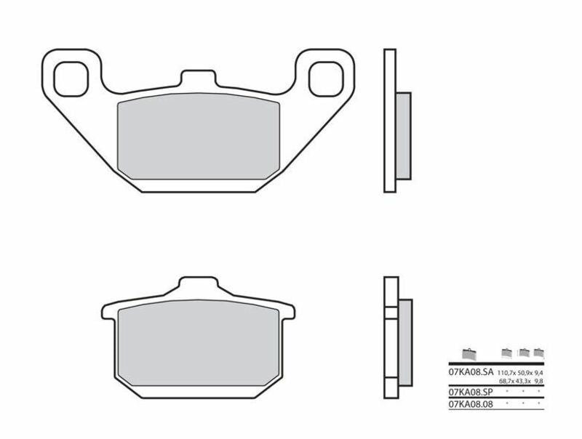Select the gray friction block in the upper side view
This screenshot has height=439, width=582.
click(x=404, y=135)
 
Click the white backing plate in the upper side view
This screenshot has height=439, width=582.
click(x=390, y=121)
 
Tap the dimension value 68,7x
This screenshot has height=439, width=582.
click(x=509, y=380)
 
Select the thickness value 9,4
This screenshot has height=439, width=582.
click(x=538, y=371)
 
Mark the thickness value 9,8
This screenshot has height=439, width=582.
click(x=538, y=380)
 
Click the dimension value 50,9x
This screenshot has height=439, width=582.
click(x=524, y=371)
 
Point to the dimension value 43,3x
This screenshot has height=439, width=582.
click(x=524, y=380)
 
